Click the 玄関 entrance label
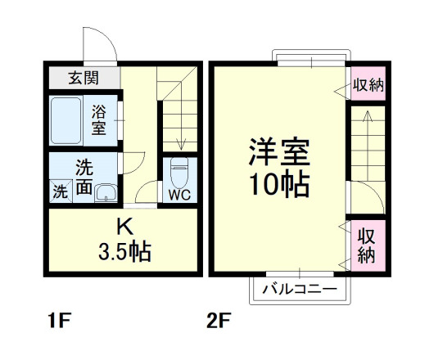coord(84,79)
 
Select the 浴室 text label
coord(99,119)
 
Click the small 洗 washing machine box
coord(61,193)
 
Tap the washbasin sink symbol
coord(105,193)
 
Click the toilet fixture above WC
coord(179,173)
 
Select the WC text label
coord(179,196)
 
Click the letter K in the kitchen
coord(124,226)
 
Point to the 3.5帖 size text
coord(124,251)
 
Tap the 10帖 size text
coord(279,186)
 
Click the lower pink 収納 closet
coord(366,245)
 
